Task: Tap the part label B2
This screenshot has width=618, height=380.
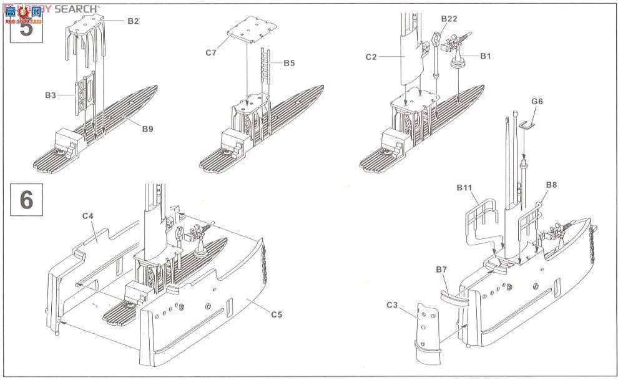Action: (x=133, y=21)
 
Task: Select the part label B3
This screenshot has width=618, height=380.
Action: (x=51, y=95)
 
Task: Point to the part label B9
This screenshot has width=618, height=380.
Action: (x=147, y=129)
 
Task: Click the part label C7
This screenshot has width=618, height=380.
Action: (x=210, y=53)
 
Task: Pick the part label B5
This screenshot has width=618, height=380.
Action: (x=289, y=63)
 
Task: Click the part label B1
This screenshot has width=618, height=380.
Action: (x=486, y=56)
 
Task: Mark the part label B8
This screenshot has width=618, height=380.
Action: (x=551, y=185)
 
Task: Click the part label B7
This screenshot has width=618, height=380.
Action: (x=441, y=269)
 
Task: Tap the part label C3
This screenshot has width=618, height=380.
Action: (x=392, y=305)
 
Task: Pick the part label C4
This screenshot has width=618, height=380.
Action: (x=87, y=217)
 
